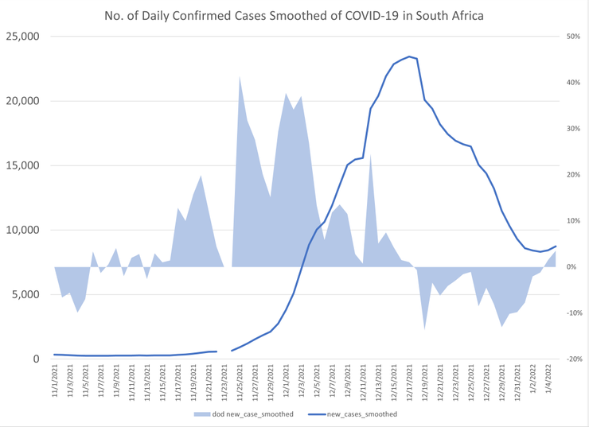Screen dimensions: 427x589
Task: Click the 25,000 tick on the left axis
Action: (23, 37)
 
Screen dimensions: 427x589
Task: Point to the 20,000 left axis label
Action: (23, 101)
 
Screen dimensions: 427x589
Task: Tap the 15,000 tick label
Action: (23, 165)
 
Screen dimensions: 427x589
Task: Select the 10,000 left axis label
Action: (23, 230)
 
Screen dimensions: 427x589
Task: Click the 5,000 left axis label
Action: (25, 294)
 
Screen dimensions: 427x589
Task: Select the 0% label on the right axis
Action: (572, 267)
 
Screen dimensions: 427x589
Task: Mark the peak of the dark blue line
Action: (409, 56)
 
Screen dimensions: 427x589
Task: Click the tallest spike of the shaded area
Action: (240, 77)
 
